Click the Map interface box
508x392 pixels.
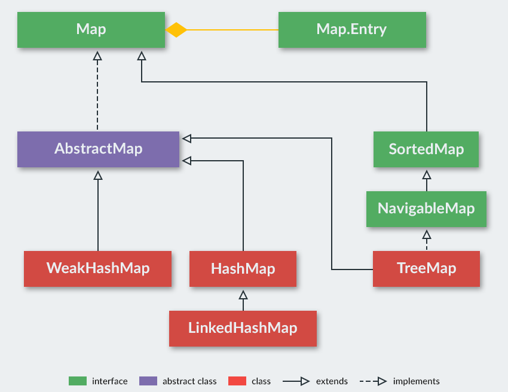(91, 29)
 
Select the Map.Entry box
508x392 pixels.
(352, 29)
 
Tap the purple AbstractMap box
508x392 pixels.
(98, 149)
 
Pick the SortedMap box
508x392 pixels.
(426, 149)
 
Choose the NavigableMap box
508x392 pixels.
(426, 209)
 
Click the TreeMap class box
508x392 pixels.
(426, 268)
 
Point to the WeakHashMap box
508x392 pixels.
(98, 268)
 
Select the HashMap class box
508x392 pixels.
(243, 268)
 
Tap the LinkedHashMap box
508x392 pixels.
(243, 328)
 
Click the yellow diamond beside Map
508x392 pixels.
(176, 30)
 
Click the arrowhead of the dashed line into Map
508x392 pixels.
(97, 56)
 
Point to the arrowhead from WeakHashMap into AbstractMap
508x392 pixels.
(98, 175)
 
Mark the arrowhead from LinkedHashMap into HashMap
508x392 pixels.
(243, 295)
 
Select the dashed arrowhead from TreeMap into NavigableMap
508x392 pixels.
(426, 235)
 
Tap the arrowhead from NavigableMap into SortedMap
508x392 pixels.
(426, 175)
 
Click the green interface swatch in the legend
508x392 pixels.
(78, 381)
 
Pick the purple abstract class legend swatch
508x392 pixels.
(148, 381)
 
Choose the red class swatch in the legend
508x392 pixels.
(237, 381)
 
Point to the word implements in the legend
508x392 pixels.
(416, 381)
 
